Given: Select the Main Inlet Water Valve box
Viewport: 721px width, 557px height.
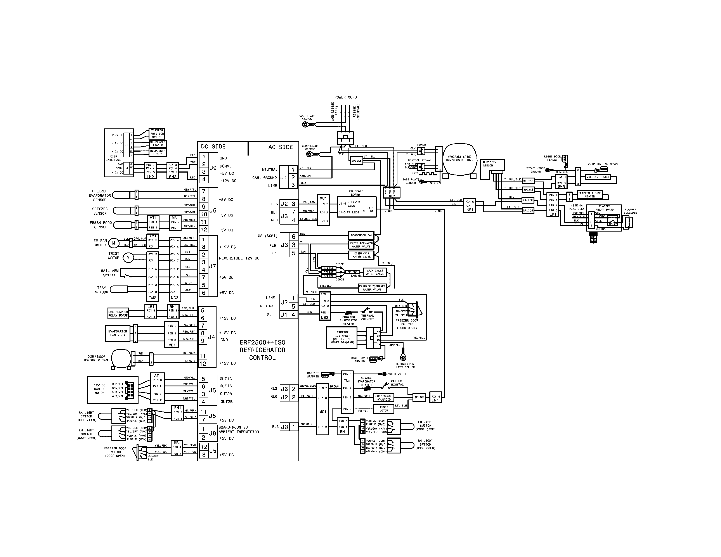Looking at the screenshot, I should pyautogui.click(x=375, y=272).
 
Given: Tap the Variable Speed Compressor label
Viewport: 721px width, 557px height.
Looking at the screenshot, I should pyautogui.click(x=459, y=158).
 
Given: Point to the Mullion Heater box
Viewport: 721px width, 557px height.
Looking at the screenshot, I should pyautogui.click(x=598, y=177).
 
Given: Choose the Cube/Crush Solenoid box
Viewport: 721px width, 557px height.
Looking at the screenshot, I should pyautogui.click(x=384, y=398).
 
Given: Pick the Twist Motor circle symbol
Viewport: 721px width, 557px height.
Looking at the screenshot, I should pyautogui.click(x=128, y=257).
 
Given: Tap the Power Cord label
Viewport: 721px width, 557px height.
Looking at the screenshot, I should pyautogui.click(x=345, y=97).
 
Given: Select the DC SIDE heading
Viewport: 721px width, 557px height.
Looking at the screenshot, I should pyautogui.click(x=213, y=147).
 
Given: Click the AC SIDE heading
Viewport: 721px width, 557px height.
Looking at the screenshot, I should pyautogui.click(x=280, y=147).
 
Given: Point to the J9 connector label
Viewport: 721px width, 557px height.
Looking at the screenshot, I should pyautogui.click(x=213, y=168).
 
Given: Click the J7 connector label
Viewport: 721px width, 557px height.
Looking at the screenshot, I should pyautogui.click(x=213, y=266).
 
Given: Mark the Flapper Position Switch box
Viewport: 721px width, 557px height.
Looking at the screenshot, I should pyautogui.click(x=157, y=134).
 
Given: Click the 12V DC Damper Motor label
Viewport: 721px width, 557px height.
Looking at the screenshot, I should pyautogui.click(x=99, y=389).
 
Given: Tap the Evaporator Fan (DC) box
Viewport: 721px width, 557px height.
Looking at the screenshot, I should pyautogui.click(x=118, y=333).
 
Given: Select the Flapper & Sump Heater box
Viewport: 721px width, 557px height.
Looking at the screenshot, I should pyautogui.click(x=590, y=195).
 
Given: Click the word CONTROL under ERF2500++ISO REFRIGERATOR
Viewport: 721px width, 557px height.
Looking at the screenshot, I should pyautogui.click(x=262, y=358).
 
